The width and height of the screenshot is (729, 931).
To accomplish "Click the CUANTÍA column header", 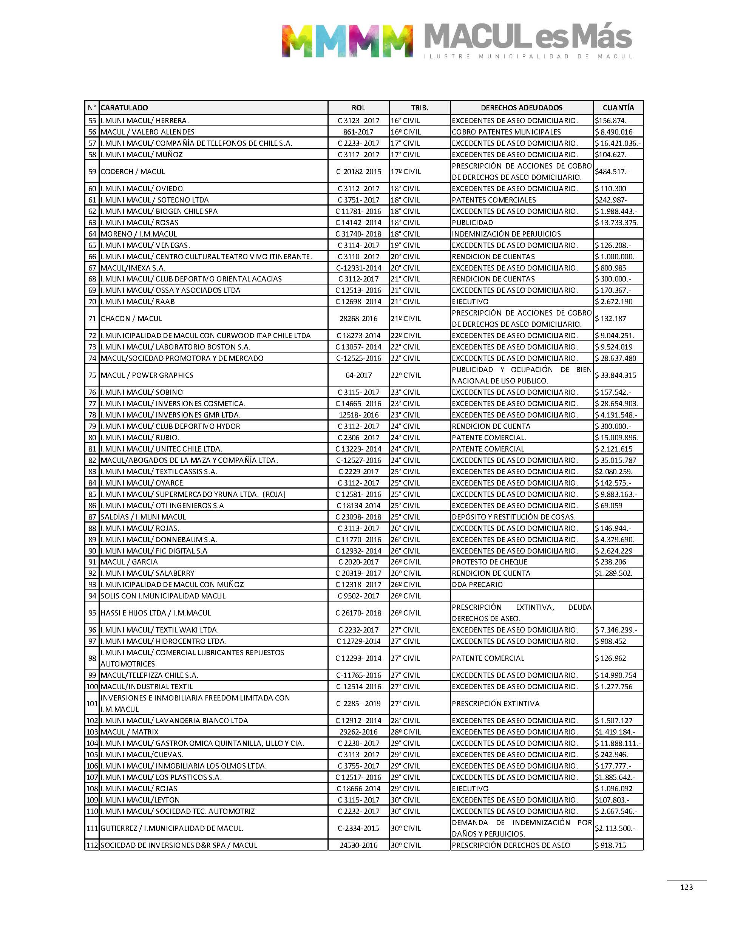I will [x=618, y=108].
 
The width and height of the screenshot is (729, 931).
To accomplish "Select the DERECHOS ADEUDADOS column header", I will [x=521, y=108].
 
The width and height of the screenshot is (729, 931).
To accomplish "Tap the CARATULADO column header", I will [x=124, y=108].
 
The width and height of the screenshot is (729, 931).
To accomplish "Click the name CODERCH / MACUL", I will [x=132, y=172].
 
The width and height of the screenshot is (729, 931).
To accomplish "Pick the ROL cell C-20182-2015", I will [x=358, y=172].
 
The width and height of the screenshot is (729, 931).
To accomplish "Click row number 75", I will [x=92, y=375].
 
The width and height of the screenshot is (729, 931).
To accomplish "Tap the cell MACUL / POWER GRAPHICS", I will [x=147, y=375].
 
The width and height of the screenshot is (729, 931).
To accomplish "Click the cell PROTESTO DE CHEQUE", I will [x=490, y=562].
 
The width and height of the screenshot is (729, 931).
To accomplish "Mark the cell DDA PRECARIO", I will [x=477, y=585].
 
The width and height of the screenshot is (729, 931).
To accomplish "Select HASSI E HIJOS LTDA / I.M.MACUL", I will [x=156, y=612].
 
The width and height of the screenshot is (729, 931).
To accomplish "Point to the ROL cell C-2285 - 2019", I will [x=358, y=704].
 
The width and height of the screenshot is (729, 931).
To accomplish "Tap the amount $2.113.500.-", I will [x=615, y=828].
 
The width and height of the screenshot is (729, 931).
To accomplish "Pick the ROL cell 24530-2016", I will [x=358, y=845].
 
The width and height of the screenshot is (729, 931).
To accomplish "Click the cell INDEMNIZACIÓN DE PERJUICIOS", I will [x=506, y=234].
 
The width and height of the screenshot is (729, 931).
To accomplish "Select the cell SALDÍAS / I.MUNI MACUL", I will [x=144, y=517].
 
